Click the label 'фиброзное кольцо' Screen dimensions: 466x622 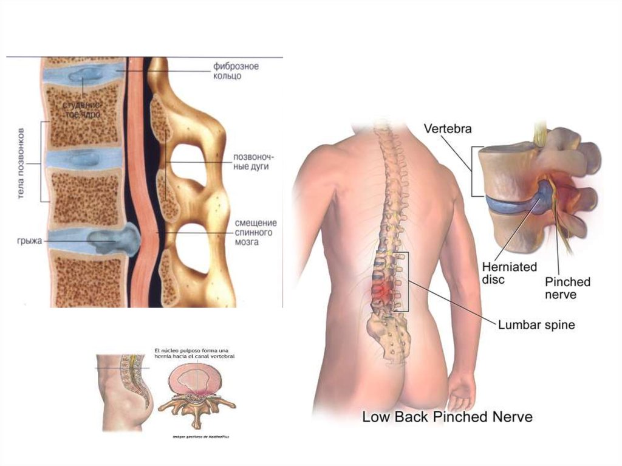(235, 71)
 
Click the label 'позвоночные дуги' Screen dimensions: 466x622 (250, 161)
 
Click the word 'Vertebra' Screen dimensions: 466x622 (448, 129)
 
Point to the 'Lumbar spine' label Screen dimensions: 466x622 (536, 325)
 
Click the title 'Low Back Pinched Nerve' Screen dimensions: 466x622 (447, 417)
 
